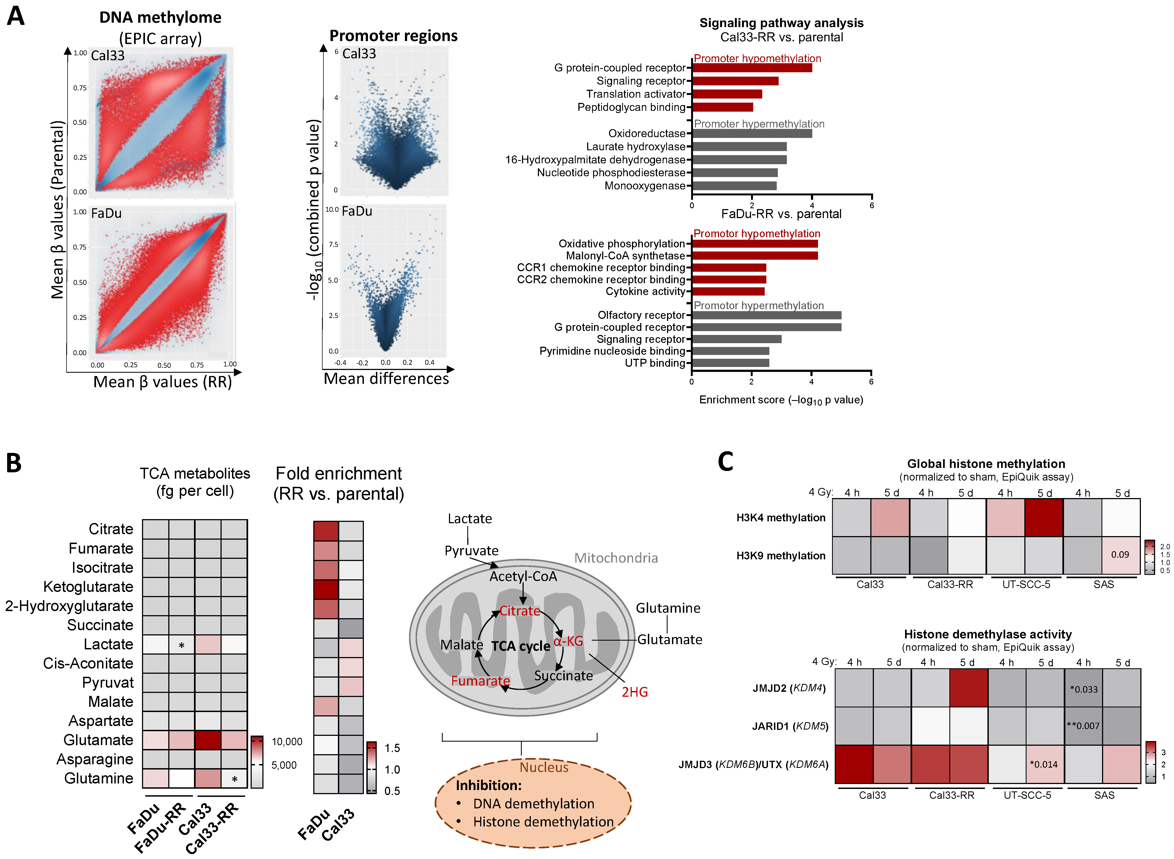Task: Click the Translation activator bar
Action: point(727,94)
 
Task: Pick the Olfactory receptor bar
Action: point(766,315)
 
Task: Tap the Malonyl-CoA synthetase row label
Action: point(625,256)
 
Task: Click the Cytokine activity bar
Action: point(728,291)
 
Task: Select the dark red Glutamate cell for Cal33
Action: point(208,740)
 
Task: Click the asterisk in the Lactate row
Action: point(181,645)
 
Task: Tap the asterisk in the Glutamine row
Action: point(234,779)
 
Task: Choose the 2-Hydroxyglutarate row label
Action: point(69,606)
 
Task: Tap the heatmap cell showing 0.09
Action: point(1120,555)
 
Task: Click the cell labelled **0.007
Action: point(1083,726)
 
